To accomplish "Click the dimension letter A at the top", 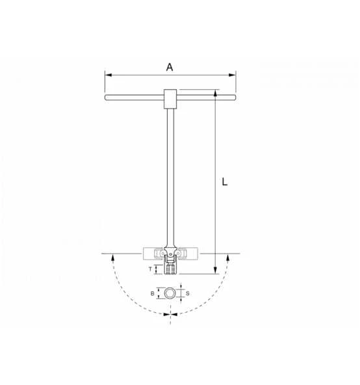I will coord(170,66).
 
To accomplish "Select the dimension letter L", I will coord(224,183).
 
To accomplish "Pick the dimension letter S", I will coord(187,295).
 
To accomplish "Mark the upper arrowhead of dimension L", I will coord(214,94).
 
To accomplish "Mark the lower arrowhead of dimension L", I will coord(214,271).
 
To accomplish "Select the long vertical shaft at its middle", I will coord(170,176).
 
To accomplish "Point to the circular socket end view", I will coord(170,295).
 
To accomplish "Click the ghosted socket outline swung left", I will coord(153,252).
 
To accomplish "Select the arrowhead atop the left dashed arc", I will coord(114,258).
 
